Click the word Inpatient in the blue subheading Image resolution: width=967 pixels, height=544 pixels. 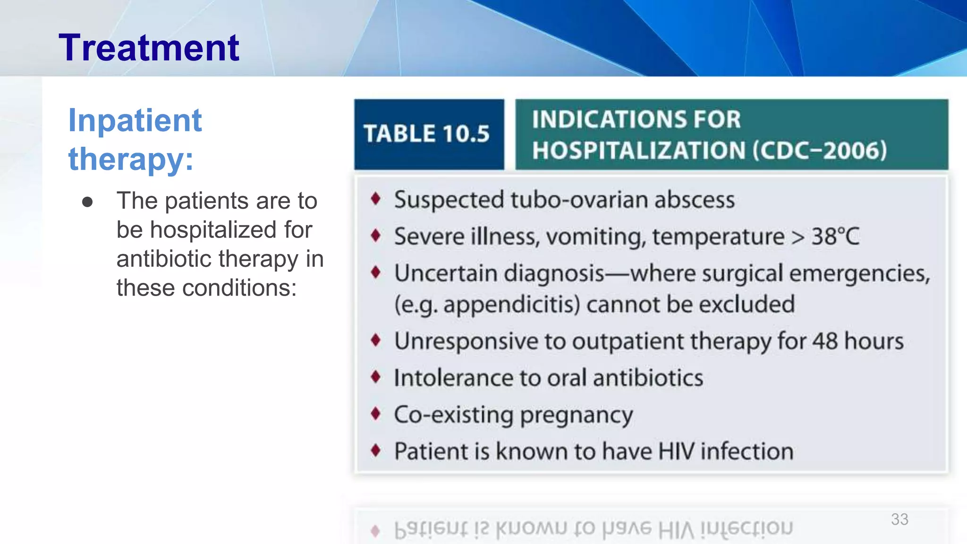pos(135,120)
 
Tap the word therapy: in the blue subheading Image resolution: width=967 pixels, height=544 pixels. pos(131,159)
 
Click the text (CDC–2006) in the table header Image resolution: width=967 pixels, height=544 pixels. pos(819,151)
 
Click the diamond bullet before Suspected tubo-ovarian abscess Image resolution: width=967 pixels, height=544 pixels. pos(375,199)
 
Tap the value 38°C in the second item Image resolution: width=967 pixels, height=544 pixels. pos(835,236)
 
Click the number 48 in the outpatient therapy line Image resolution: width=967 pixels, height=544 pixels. pos(825,341)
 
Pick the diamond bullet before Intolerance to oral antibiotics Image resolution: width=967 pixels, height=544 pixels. pos(375,377)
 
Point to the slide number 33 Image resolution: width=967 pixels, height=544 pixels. pos(899,519)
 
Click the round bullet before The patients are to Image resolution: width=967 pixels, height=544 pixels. pos(87,202)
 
